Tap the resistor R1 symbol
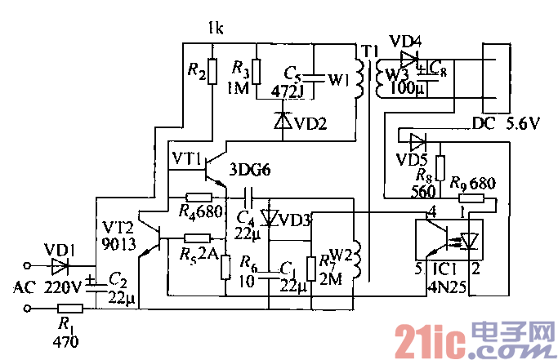tap(71, 309)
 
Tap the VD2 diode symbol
tap(283, 122)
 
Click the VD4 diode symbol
tap(408, 60)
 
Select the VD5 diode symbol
tap(417, 140)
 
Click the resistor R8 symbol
tap(440, 168)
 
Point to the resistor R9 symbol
tap(471, 197)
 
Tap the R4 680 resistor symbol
tap(199, 197)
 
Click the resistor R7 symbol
tap(310, 268)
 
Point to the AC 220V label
tap(49, 287)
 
